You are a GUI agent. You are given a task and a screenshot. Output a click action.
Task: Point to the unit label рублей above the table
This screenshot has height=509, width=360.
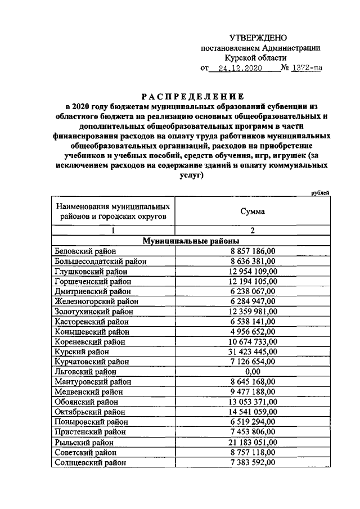tap(320, 193)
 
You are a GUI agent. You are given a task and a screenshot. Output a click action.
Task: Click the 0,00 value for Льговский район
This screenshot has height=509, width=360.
tap(253, 372)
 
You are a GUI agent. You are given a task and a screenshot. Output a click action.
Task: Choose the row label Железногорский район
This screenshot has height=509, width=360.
tap(93, 301)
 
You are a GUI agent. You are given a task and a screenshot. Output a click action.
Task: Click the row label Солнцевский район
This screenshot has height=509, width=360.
tap(90, 462)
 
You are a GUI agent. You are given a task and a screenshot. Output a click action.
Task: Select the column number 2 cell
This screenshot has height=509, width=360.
tap(253, 230)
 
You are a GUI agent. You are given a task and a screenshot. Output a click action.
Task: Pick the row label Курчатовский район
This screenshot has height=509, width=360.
tap(91, 362)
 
